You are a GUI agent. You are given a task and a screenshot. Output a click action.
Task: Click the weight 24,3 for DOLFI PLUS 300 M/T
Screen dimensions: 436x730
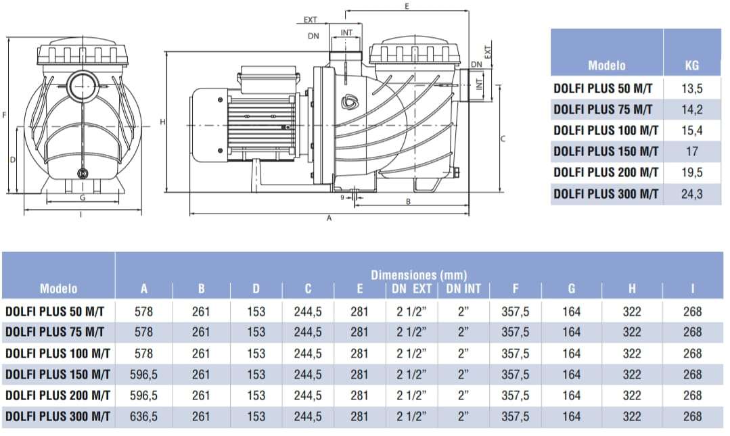click(691, 194)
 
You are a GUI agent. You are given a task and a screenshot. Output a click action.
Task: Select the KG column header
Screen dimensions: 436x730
click(691, 66)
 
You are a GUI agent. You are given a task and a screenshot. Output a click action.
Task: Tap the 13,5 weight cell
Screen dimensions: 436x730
click(691, 88)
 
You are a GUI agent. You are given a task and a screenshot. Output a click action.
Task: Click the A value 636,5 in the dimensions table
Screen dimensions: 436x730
click(143, 417)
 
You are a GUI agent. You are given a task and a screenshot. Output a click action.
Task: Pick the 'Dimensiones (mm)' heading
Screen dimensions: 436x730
click(419, 275)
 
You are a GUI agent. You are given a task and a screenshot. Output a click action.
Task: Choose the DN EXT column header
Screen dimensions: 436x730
click(412, 289)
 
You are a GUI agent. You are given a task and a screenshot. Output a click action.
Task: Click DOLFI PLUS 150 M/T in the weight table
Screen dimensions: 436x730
click(606, 151)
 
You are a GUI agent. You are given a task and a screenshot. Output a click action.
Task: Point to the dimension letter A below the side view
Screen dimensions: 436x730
click(329, 219)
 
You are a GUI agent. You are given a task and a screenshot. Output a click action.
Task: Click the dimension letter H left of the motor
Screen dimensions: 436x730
click(162, 122)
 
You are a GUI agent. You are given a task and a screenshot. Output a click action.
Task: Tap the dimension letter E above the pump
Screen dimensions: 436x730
click(407, 6)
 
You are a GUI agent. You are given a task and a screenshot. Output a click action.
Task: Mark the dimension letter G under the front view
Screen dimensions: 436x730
click(83, 198)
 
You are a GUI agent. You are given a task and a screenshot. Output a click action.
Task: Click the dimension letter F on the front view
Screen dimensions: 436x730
click(5, 116)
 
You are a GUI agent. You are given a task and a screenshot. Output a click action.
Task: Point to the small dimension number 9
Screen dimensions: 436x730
click(342, 197)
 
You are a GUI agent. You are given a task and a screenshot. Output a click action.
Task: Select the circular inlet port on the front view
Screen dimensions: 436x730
click(83, 84)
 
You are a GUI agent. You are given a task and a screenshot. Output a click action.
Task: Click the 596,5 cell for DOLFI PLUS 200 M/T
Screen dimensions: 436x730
click(143, 395)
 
